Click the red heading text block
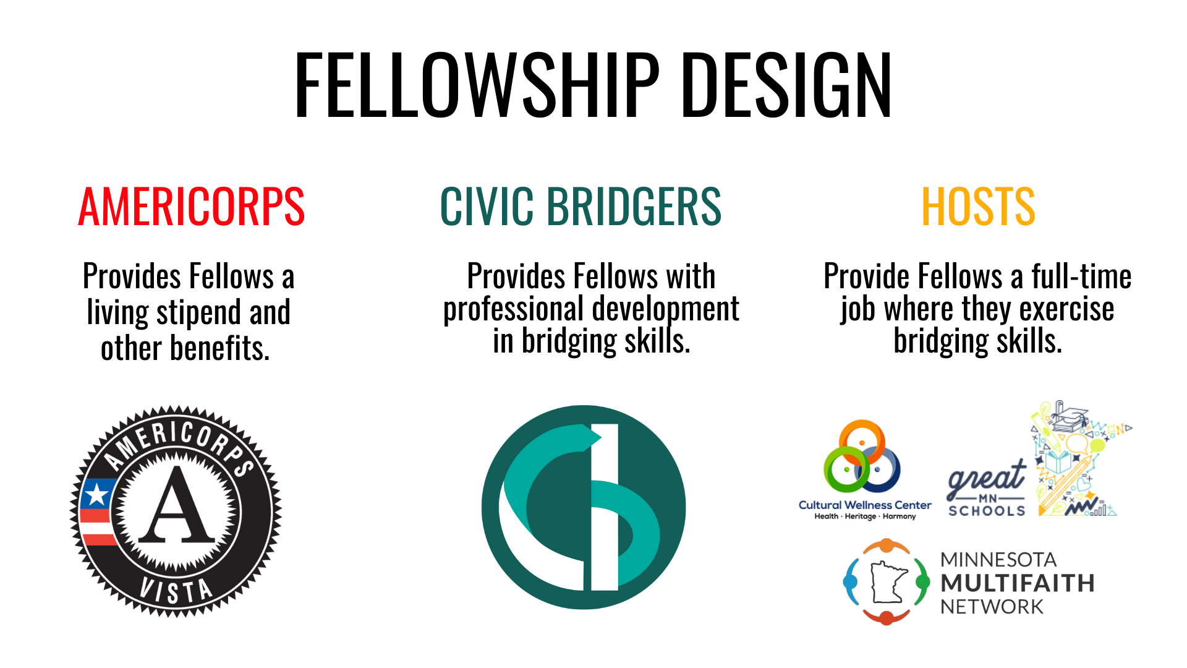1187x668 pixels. (x=192, y=212)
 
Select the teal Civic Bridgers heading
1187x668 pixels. (x=581, y=210)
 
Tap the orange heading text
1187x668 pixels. (x=983, y=212)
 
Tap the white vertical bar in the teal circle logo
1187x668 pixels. (x=605, y=507)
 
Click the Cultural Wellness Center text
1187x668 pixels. (x=864, y=505)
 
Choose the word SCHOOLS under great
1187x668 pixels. (x=985, y=509)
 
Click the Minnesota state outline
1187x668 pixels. (x=888, y=581)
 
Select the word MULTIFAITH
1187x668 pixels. (x=1017, y=583)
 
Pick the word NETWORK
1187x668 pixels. (x=992, y=606)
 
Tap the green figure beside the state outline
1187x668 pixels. (x=922, y=583)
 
